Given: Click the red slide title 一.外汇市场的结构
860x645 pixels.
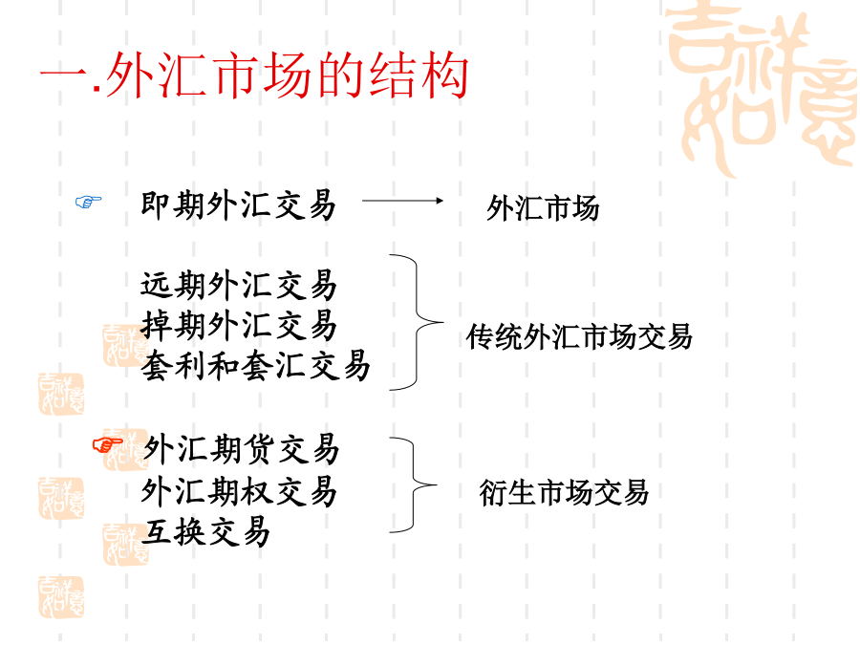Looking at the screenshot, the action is (254, 75).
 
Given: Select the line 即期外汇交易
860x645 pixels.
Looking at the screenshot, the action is (238, 205).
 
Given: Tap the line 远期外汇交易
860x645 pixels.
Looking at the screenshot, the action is (238, 285).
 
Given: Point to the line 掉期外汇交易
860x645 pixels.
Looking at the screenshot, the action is (238, 325).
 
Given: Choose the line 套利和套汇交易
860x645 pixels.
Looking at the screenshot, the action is (255, 365).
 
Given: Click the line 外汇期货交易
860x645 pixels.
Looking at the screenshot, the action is (241, 449).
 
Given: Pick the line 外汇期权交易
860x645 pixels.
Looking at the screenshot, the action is (238, 491).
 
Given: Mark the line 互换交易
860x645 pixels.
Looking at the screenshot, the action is (204, 531).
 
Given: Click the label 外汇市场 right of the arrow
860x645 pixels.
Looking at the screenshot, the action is (543, 208).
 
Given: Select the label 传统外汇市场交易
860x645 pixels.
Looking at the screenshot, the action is (579, 336).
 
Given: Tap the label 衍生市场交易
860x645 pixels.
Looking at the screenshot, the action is (564, 492).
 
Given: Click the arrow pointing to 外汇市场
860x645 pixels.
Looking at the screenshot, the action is (402, 201).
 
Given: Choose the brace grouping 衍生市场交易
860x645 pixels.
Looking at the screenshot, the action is (413, 484).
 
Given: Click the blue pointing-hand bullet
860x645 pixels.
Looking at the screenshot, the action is (88, 202).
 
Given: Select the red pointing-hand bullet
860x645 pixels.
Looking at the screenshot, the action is (107, 444).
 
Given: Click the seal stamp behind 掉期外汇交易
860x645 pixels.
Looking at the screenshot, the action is (125, 346).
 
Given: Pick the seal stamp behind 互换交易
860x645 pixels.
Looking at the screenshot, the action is (125, 544).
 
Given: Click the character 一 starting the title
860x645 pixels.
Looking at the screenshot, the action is (63, 75).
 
